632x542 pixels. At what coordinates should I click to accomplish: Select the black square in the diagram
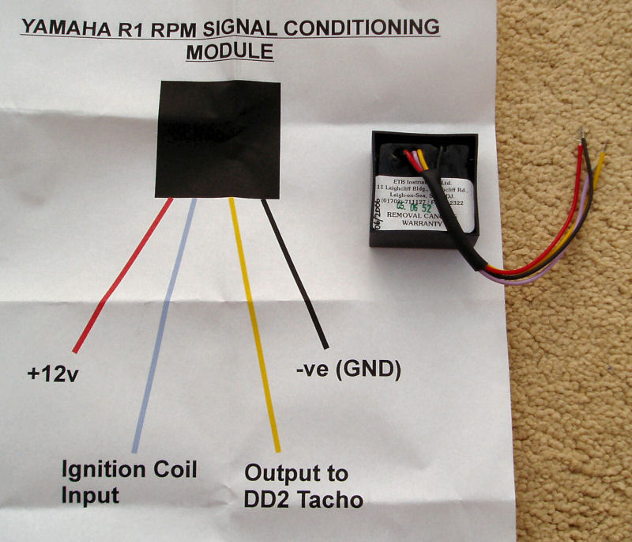(x=217, y=138)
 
